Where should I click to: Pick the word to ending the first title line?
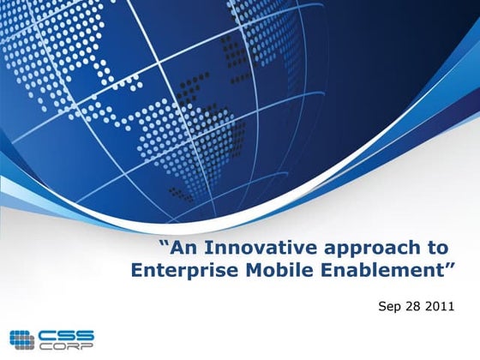tap(436, 249)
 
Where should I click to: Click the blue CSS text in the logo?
tap(65, 334)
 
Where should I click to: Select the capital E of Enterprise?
tap(138, 271)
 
